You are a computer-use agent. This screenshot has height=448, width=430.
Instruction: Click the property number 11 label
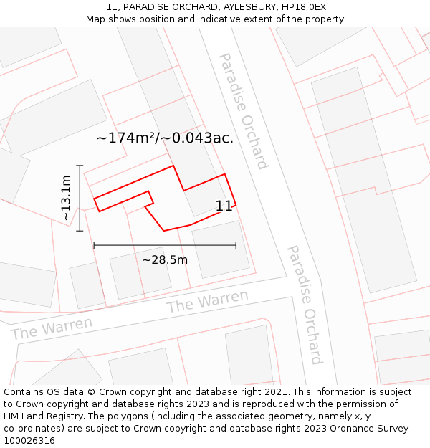pyautogui.click(x=224, y=206)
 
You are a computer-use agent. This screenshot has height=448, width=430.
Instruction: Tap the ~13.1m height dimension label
pyautogui.click(x=65, y=198)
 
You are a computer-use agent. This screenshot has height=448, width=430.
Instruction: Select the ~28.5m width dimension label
pyautogui.click(x=165, y=259)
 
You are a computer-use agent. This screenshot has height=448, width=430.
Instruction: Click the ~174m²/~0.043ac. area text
pyautogui.click(x=165, y=138)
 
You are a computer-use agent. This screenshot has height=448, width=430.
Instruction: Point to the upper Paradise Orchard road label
pyautogui.click(x=243, y=110)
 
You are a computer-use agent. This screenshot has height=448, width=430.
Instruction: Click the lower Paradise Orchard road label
pyautogui.click(x=305, y=304)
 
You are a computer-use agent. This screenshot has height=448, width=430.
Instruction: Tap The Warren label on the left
pyautogui.click(x=52, y=328)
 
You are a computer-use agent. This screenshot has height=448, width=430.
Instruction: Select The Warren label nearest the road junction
pyautogui.click(x=207, y=302)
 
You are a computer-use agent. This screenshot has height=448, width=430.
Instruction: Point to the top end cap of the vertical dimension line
pyautogui.click(x=80, y=166)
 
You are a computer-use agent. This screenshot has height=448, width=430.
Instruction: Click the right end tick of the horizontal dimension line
pyautogui.click(x=236, y=245)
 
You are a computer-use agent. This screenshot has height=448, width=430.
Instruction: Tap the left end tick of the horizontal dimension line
pyautogui.click(x=94, y=245)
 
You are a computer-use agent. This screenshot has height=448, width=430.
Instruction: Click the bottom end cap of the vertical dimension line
pyautogui.click(x=80, y=231)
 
